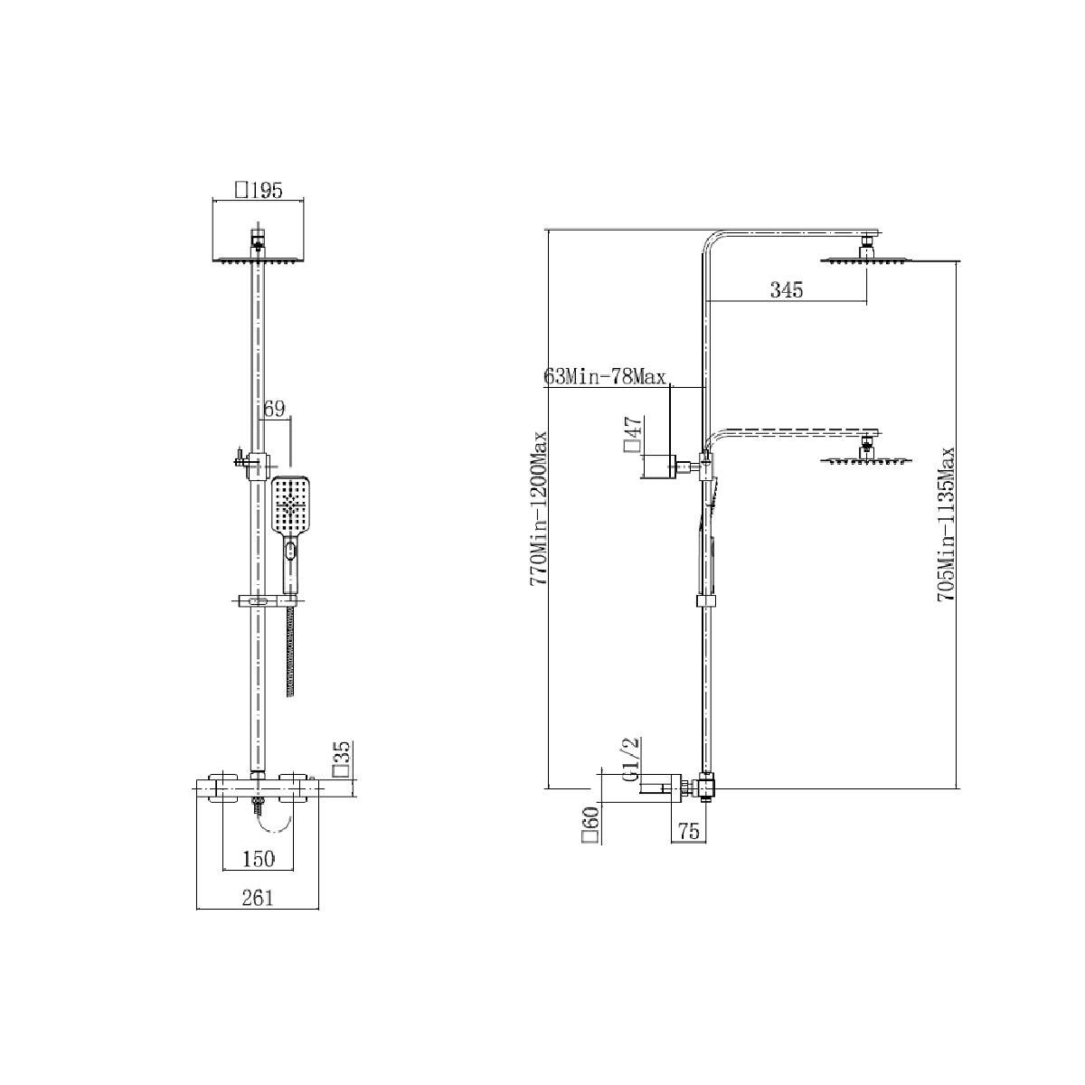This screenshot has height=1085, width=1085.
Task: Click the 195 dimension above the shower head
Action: pos(259,191)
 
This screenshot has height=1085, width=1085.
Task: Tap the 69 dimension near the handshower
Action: pos(274,409)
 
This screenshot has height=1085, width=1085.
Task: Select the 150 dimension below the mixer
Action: pos(259,859)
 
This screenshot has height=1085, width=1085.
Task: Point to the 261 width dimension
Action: pos(258,898)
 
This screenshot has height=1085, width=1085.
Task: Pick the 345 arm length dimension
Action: pos(786,290)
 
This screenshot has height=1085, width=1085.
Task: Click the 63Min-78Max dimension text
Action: pos(605,376)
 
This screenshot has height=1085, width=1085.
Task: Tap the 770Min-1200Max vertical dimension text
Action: pos(538,510)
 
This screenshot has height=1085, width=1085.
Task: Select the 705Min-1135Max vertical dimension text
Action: pos(946,524)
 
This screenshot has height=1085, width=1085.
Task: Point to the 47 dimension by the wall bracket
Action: pos(632,434)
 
